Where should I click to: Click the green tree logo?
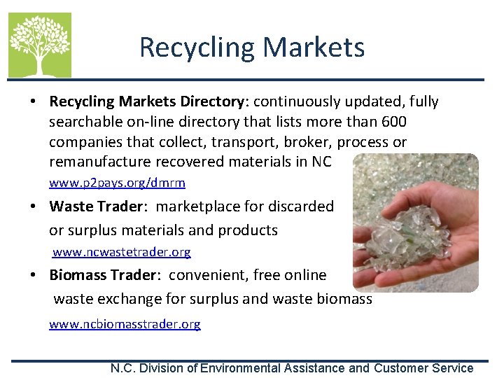point(39,45)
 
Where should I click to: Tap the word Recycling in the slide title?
point(198,48)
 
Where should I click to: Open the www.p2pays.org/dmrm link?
point(117,183)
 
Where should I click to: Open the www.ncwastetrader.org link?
point(122,251)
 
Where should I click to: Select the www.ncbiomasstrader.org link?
point(125,324)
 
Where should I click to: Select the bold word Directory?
point(212,101)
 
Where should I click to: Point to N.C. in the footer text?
point(125,368)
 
